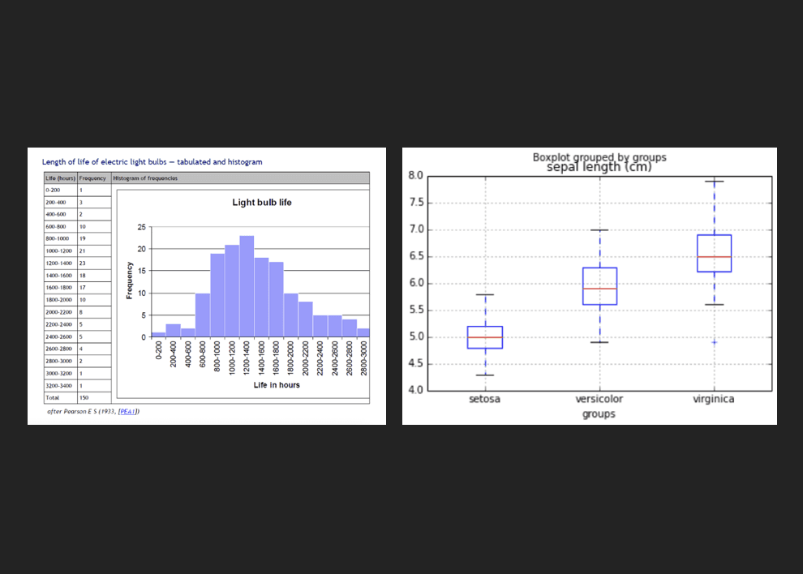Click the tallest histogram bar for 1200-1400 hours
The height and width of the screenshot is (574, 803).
247,285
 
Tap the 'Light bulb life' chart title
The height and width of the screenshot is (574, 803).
262,202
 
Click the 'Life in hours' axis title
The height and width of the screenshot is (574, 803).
277,385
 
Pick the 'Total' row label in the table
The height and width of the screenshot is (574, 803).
53,398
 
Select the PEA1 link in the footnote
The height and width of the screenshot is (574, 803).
128,412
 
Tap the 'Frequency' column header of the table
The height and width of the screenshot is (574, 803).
92,178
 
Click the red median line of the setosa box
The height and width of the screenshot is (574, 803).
485,337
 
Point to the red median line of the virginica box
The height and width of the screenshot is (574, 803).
714,256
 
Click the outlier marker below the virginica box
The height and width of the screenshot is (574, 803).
714,342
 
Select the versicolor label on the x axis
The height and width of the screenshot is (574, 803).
599,399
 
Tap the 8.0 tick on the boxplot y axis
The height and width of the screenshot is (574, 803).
415,176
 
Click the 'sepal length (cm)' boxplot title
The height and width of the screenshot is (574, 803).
599,168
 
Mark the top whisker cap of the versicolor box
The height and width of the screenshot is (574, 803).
599,230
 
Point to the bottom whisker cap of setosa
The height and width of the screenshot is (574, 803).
485,375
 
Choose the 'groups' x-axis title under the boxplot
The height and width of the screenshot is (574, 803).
599,414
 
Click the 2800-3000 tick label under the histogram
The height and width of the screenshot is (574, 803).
363,356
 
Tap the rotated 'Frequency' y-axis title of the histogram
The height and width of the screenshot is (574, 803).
128,281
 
